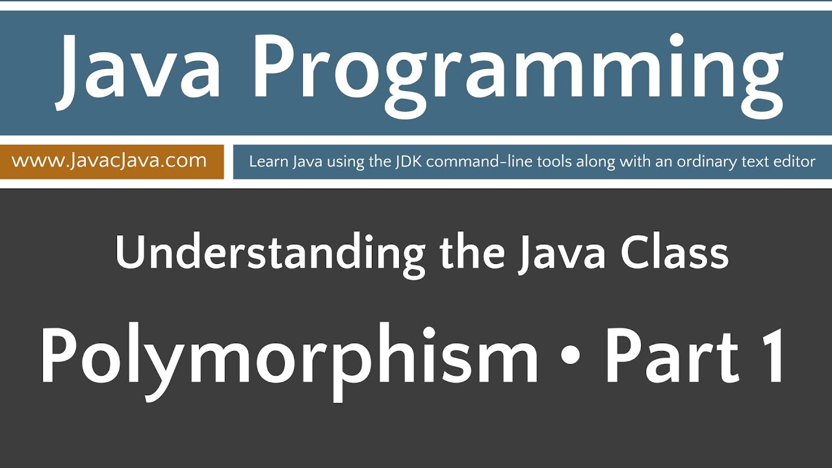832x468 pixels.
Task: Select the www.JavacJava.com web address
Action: [x=109, y=161]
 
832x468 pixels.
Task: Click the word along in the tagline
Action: [x=572, y=162]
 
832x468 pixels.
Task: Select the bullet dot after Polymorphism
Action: [x=572, y=358]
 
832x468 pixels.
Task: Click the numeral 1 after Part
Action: [x=774, y=357]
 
